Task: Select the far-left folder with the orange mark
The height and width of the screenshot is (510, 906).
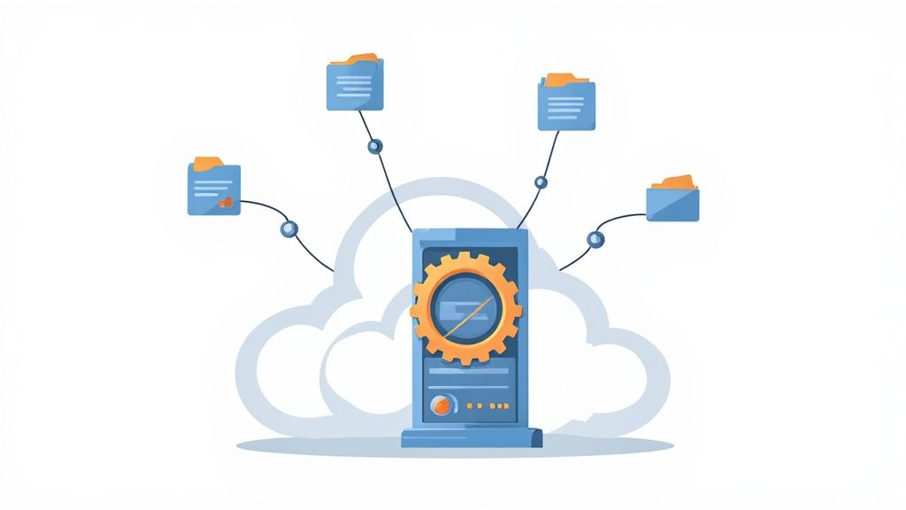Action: point(213,189)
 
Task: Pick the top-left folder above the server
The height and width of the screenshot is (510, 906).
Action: point(355,86)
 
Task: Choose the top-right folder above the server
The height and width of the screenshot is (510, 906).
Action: point(566,104)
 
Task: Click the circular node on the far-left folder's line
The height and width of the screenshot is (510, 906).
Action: point(288,228)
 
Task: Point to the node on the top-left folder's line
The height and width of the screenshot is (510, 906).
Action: point(374,143)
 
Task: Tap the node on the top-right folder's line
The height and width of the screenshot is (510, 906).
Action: point(541,182)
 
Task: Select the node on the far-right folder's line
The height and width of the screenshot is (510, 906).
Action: point(595,238)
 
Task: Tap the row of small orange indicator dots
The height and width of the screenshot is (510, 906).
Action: point(486,406)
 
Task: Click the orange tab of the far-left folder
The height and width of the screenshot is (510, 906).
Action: point(208,163)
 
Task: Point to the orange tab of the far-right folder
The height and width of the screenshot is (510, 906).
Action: point(673,182)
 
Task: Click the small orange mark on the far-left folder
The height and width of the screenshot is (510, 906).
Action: point(226,203)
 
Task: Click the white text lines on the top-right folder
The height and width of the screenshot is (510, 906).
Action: point(565,105)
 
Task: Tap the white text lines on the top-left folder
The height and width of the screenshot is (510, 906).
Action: point(353,86)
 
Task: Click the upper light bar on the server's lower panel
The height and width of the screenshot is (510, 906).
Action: point(468,369)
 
